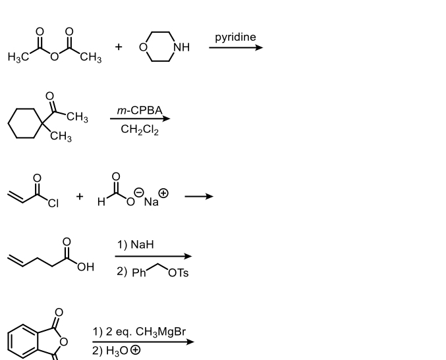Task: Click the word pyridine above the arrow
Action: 235,37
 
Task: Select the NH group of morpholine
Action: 181,47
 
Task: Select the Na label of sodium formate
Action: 151,202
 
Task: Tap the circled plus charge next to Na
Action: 163,193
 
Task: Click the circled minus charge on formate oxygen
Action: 139,191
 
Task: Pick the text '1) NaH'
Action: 135,245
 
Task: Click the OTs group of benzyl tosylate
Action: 178,272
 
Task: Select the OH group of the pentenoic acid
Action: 85,267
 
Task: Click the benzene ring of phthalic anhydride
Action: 22,342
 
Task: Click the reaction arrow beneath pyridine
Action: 237,47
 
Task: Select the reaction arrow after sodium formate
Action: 198,195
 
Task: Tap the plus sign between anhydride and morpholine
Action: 119,47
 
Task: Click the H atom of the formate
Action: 101,202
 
